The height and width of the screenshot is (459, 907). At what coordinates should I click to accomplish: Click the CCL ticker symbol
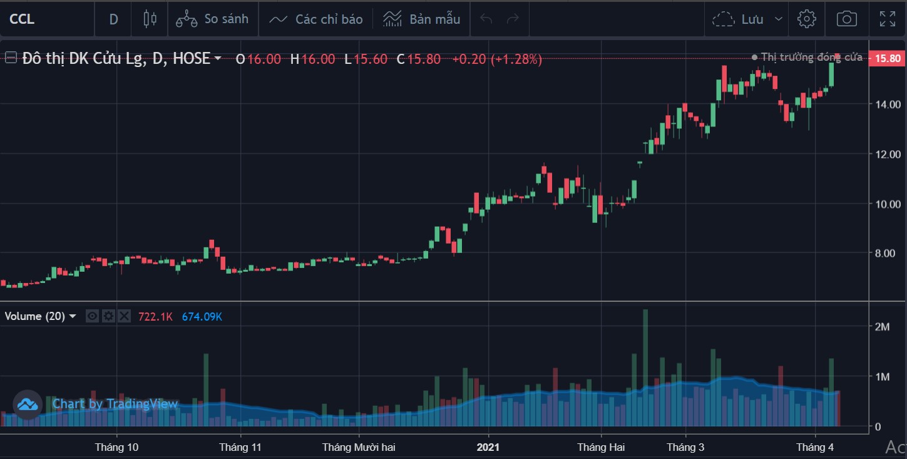(x=22, y=19)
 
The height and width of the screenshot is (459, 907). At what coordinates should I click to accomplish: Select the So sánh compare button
(x=212, y=19)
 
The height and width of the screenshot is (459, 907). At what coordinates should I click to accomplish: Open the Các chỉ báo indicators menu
(x=316, y=19)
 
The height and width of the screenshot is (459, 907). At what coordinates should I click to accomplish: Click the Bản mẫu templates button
(x=422, y=19)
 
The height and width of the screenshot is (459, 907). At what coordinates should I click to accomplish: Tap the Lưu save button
(x=748, y=19)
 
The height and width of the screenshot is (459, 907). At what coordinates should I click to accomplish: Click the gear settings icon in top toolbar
(x=806, y=19)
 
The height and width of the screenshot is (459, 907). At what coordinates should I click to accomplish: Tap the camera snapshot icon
(x=846, y=19)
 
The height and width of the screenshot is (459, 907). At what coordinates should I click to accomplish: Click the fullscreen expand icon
(x=887, y=19)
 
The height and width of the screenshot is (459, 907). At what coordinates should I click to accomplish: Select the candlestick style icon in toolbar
(x=150, y=19)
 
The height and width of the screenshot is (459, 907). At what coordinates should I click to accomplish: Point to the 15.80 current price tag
(x=887, y=58)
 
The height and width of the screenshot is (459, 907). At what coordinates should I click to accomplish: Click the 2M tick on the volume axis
(x=883, y=327)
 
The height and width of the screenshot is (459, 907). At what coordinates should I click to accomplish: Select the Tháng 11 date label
(x=240, y=447)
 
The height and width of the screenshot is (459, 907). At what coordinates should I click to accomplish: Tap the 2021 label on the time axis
(x=488, y=447)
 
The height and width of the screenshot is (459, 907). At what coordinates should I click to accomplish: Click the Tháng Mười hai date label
(x=359, y=447)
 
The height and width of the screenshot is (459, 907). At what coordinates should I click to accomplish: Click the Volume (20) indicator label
(x=35, y=316)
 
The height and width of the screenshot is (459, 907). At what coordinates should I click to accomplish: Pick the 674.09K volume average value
(x=202, y=316)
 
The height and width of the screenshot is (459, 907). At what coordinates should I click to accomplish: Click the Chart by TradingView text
(x=115, y=404)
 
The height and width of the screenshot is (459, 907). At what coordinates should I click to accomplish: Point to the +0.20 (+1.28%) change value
(x=497, y=59)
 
